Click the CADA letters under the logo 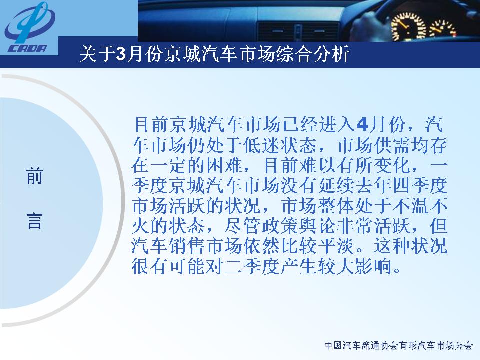click(x=28, y=49)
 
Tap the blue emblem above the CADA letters click(x=29, y=23)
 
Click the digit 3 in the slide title click(x=121, y=54)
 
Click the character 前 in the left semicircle click(x=34, y=176)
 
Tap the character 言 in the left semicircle click(x=34, y=220)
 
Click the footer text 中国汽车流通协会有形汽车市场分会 click(x=399, y=346)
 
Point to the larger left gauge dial click(x=408, y=27)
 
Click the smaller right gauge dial click(x=443, y=30)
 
